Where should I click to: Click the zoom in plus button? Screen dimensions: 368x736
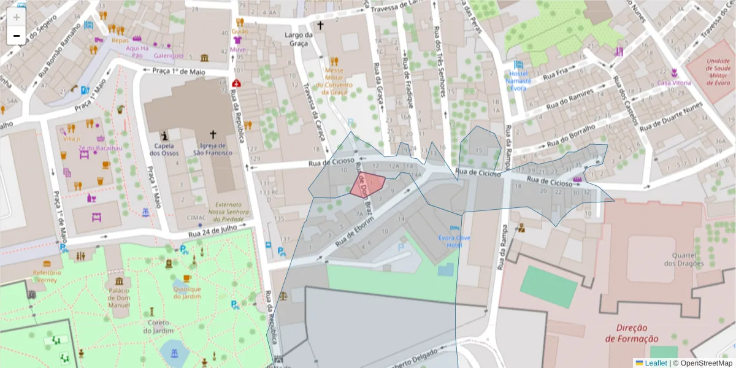click(x=16, y=17)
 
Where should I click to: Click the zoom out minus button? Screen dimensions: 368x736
click(x=16, y=36)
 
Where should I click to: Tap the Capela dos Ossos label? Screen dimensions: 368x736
click(x=163, y=149)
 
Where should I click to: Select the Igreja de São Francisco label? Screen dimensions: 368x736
click(x=213, y=149)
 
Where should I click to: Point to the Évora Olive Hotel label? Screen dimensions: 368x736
click(x=454, y=241)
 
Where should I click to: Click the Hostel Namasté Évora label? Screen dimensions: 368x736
click(x=519, y=80)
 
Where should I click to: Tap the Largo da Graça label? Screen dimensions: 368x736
click(x=299, y=39)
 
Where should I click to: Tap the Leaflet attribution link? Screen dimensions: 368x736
click(x=656, y=363)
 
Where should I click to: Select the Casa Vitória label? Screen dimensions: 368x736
click(x=673, y=83)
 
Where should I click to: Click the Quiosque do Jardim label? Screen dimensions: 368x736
click(x=187, y=293)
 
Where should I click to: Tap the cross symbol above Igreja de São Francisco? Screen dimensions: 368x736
click(x=213, y=134)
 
